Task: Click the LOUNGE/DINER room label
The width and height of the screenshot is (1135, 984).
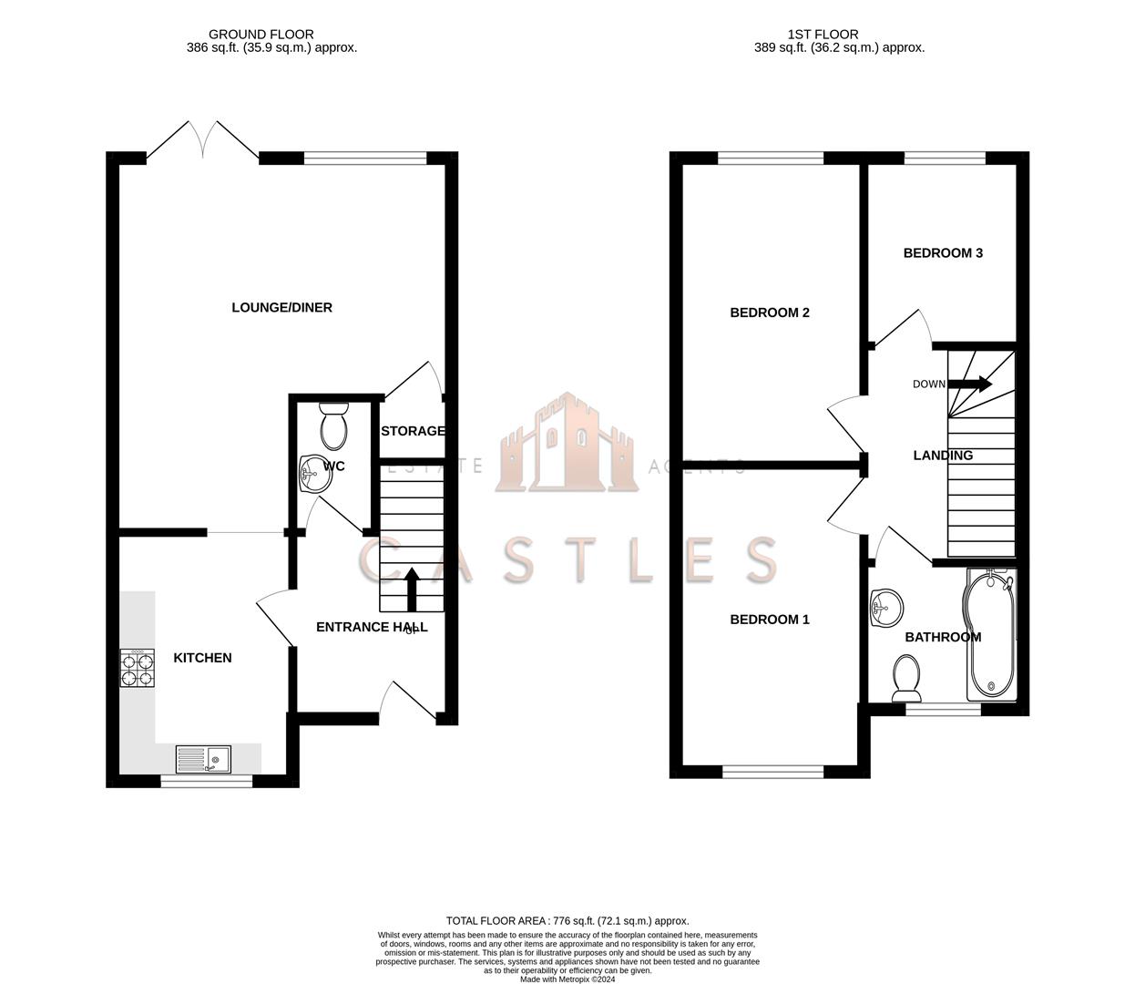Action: point(281,308)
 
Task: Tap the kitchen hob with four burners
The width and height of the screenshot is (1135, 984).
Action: point(136,667)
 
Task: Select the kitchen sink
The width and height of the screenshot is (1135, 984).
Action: point(203,758)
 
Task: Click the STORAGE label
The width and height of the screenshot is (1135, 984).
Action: point(413,431)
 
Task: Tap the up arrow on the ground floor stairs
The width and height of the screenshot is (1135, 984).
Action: point(411,589)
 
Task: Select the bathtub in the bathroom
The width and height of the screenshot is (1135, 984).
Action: point(988,636)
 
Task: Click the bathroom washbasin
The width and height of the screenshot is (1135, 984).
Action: point(885,607)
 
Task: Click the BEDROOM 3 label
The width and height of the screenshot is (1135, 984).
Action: point(943,253)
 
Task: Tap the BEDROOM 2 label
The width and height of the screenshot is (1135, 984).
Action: point(770,313)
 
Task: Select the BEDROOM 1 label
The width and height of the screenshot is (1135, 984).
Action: point(770,620)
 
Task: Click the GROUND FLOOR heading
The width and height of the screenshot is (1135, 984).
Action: point(261,35)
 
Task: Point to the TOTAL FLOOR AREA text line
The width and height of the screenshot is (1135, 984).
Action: point(567,921)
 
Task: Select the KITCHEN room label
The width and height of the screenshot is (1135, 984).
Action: point(202,658)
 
